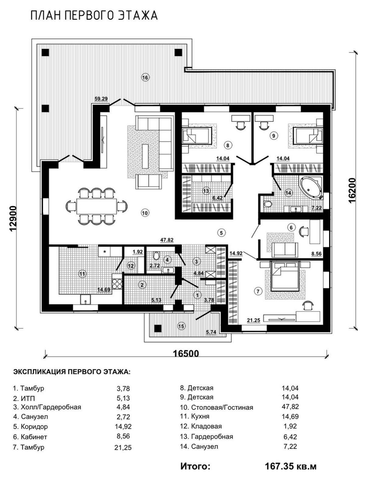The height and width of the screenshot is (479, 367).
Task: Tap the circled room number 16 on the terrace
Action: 145,78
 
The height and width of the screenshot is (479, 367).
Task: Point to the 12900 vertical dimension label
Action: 13,218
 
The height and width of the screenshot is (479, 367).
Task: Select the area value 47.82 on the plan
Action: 167,240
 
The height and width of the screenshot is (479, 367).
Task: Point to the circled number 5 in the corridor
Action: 221,232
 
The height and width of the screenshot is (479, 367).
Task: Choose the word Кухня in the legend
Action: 200,417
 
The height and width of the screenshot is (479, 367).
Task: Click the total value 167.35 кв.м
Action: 290,467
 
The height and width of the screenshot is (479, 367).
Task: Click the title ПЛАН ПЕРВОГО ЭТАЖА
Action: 94,16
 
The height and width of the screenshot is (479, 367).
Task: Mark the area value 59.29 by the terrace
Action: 101,99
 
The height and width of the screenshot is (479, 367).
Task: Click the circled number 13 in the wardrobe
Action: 206,191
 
